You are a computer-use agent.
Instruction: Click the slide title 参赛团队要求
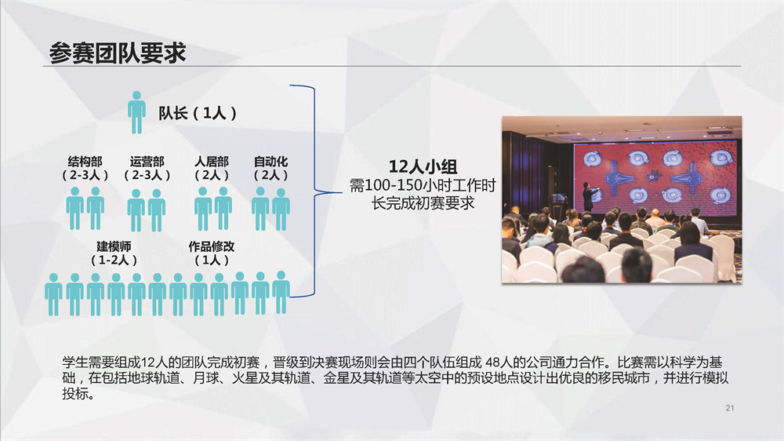118,53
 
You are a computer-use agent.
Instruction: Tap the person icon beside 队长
136,113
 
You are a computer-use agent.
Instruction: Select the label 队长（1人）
198,113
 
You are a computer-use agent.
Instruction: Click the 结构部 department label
85,162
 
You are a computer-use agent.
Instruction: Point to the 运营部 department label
147,162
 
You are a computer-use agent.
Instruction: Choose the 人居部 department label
212,162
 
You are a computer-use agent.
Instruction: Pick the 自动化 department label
271,162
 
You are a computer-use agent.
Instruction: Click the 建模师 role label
114,246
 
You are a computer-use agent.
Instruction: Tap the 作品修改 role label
212,246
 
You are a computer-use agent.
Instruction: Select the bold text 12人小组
423,166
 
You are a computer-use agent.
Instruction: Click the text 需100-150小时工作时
423,186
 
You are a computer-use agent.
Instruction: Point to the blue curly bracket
314,191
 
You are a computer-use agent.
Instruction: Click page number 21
730,408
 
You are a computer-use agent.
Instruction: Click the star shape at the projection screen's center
652,177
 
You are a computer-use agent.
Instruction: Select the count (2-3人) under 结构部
85,175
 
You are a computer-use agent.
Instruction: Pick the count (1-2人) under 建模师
114,261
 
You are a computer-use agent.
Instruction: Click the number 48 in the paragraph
492,363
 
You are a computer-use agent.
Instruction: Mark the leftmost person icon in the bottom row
53,294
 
